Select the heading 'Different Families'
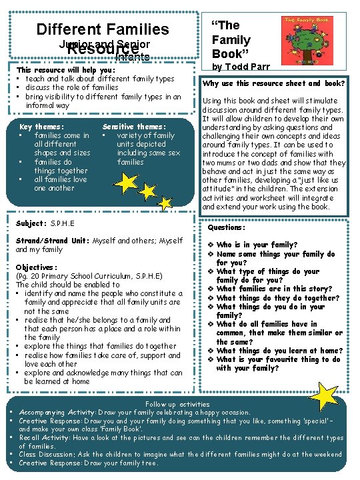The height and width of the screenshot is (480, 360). [103, 29]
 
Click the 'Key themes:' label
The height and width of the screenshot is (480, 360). [42, 127]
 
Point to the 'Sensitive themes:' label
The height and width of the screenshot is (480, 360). [134, 127]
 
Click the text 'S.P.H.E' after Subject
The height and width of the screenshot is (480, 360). [63, 223]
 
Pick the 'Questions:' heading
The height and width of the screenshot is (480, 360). [227, 227]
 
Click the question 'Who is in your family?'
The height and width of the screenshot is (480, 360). [257, 245]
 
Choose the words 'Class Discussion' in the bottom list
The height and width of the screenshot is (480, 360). [47, 455]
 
